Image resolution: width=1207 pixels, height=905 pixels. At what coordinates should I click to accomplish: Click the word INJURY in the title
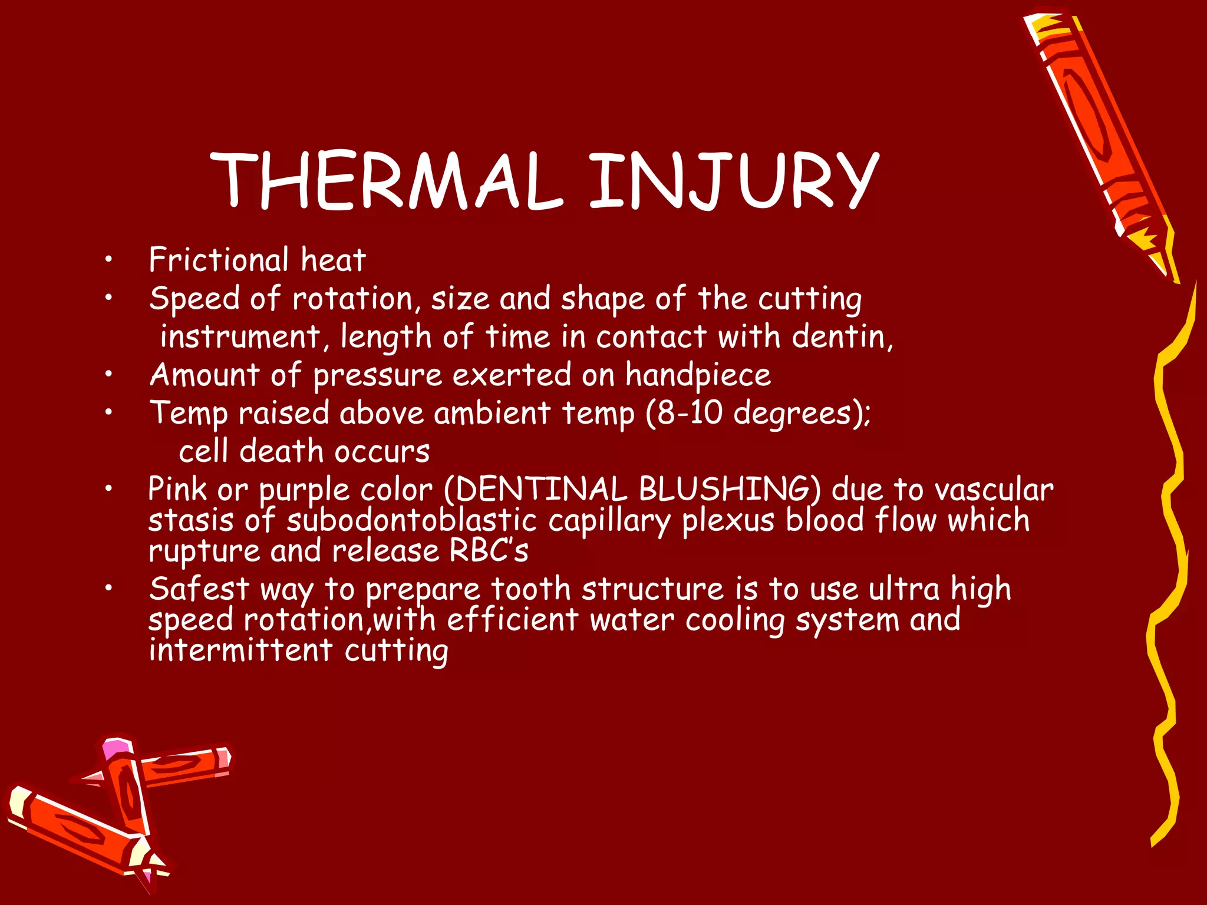pyautogui.click(x=733, y=181)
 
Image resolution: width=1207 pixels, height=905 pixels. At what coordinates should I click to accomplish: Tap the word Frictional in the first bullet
pyautogui.click(x=219, y=260)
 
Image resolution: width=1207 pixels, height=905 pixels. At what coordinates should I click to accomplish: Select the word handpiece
pyautogui.click(x=698, y=375)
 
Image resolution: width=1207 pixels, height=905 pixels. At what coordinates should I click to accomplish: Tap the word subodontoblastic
pyautogui.click(x=412, y=521)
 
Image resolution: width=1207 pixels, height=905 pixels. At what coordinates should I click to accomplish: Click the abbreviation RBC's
pyautogui.click(x=489, y=551)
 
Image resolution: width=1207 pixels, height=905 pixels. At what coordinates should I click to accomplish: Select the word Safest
pyautogui.click(x=199, y=589)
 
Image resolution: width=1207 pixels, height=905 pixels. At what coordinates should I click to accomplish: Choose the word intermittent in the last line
pyautogui.click(x=241, y=650)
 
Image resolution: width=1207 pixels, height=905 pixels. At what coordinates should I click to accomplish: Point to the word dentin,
pyautogui.click(x=842, y=337)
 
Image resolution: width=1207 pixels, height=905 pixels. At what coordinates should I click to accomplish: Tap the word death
pyautogui.click(x=281, y=452)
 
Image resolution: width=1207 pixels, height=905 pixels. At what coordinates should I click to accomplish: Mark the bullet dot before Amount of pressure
pyautogui.click(x=108, y=375)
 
